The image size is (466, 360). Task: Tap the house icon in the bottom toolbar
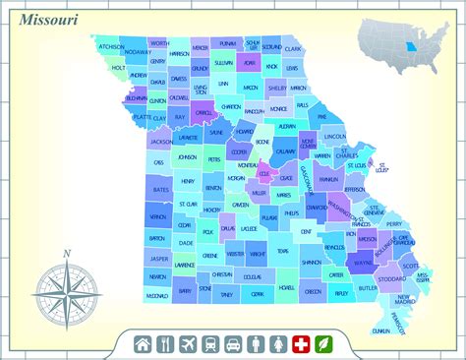tap(144, 343)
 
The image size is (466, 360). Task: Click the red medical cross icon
tap(300, 343)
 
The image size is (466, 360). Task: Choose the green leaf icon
tap(322, 343)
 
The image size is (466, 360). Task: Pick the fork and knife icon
tap(165, 343)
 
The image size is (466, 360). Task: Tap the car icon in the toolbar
tap(233, 343)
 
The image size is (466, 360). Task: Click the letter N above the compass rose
tap(66, 254)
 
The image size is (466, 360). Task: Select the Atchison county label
tap(111, 46)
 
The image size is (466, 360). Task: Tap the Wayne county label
tap(364, 264)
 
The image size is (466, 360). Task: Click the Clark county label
tap(293, 47)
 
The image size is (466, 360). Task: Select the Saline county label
tap(216, 133)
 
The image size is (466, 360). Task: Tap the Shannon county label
tap(312, 263)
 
